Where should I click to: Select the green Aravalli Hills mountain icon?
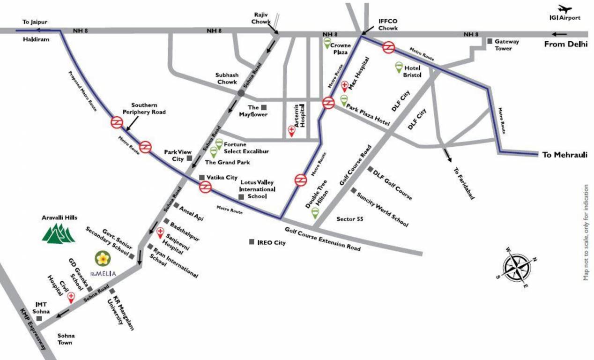pyautogui.click(x=59, y=233)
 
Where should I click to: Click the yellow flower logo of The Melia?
pyautogui.click(x=102, y=258)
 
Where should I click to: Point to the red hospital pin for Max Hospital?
pyautogui.click(x=345, y=86)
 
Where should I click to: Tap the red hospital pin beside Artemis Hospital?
pyautogui.click(x=291, y=131)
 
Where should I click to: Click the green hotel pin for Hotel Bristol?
pyautogui.click(x=399, y=67)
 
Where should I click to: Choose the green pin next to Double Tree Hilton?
pyautogui.click(x=315, y=213)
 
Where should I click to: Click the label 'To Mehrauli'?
pyautogui.click(x=564, y=155)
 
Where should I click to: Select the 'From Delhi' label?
pyautogui.click(x=565, y=45)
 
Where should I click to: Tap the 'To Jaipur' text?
pyautogui.click(x=36, y=22)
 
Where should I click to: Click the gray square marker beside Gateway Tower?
pyautogui.click(x=490, y=41)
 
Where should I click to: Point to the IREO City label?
pyautogui.click(x=271, y=243)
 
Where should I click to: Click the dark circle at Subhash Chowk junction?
pyautogui.click(x=241, y=93)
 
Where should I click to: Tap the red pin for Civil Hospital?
pyautogui.click(x=71, y=297)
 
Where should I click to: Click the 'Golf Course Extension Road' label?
pyautogui.click(x=323, y=238)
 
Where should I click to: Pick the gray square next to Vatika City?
pyautogui.click(x=202, y=177)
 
